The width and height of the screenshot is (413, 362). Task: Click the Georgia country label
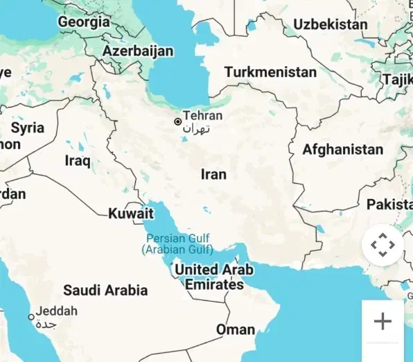pyautogui.click(x=83, y=22)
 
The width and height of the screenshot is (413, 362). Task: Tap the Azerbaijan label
pyautogui.click(x=138, y=51)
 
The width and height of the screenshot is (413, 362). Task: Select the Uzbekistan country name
pyautogui.click(x=330, y=24)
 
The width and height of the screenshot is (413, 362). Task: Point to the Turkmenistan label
pyautogui.click(x=270, y=72)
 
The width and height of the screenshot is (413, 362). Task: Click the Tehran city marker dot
pyautogui.click(x=177, y=121)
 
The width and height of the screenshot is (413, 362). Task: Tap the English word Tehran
pyautogui.click(x=202, y=116)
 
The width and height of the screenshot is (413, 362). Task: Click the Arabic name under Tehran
pyautogui.click(x=195, y=129)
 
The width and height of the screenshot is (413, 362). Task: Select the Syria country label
pyautogui.click(x=28, y=128)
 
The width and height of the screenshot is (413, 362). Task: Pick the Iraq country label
pyautogui.click(x=78, y=161)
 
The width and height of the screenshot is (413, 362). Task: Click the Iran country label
pyautogui.click(x=213, y=174)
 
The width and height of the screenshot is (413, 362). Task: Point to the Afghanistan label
pyautogui.click(x=342, y=149)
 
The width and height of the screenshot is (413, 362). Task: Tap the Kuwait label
pyautogui.click(x=130, y=214)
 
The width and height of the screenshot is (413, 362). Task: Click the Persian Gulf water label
pyautogui.click(x=177, y=243)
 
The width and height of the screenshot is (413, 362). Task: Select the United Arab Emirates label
pyautogui.click(x=213, y=277)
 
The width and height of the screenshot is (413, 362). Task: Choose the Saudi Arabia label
pyautogui.click(x=105, y=290)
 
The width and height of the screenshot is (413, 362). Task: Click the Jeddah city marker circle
pyautogui.click(x=30, y=317)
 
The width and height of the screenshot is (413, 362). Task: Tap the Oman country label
pyautogui.click(x=236, y=329)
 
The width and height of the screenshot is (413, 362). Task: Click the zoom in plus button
pyautogui.click(x=383, y=321)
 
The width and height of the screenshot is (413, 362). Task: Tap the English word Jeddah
pyautogui.click(x=57, y=311)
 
